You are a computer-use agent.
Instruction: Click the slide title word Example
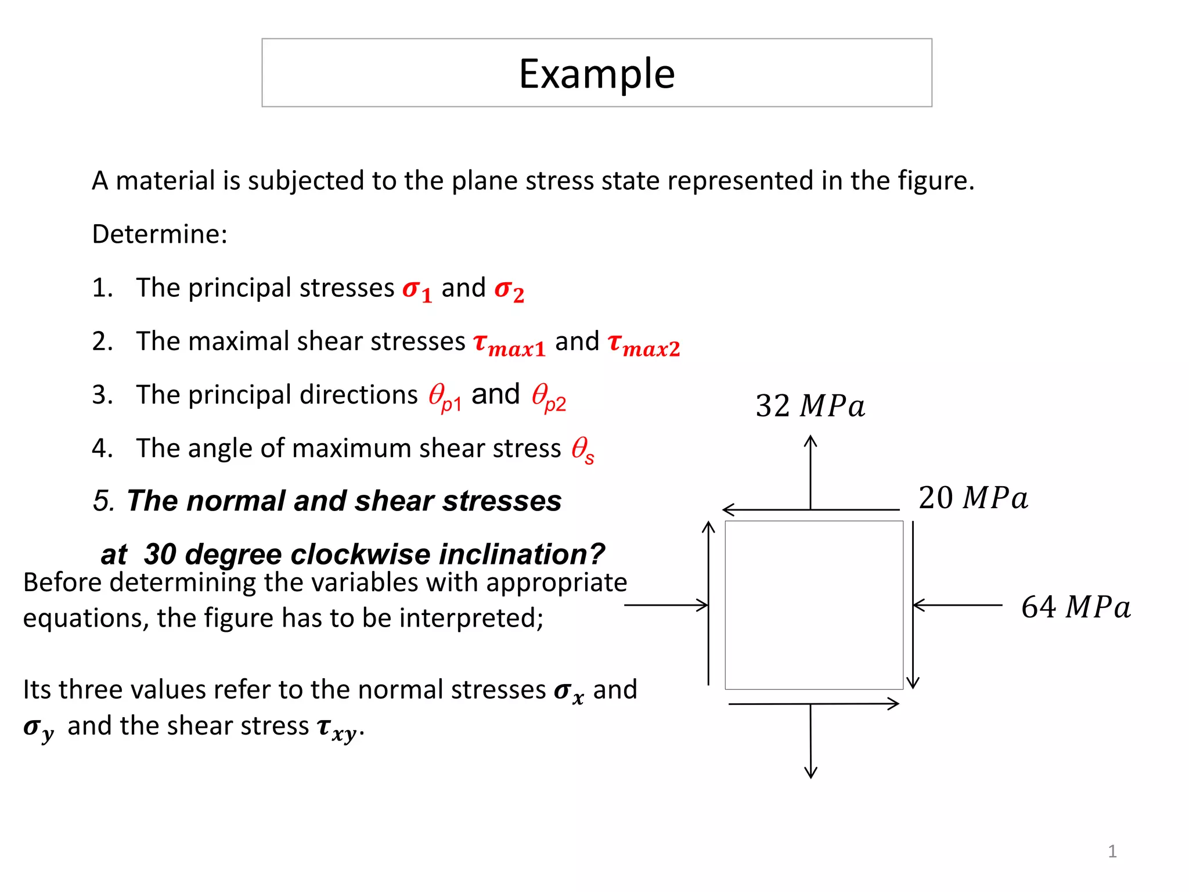pyautogui.click(x=597, y=74)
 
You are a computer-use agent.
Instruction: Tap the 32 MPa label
pyautogui.click(x=810, y=406)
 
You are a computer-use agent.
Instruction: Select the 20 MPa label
pyautogui.click(x=973, y=498)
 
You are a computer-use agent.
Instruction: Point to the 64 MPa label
pyautogui.click(x=1076, y=607)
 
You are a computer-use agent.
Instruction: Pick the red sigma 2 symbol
pyautogui.click(x=509, y=289)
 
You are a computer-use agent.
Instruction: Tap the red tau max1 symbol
pyautogui.click(x=509, y=344)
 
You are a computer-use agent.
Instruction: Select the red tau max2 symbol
pyautogui.click(x=643, y=344)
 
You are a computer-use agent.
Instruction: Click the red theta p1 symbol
pyautogui.click(x=445, y=397)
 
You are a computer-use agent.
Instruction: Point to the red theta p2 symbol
pyautogui.click(x=549, y=397)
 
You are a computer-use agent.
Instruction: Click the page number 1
pyautogui.click(x=1112, y=851)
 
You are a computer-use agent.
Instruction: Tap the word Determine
pyautogui.click(x=159, y=234)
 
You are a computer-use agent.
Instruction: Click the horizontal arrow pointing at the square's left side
pyautogui.click(x=666, y=605)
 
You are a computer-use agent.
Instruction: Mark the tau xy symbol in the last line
pyautogui.click(x=338, y=728)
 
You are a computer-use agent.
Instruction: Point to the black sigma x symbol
pyautogui.click(x=569, y=692)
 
